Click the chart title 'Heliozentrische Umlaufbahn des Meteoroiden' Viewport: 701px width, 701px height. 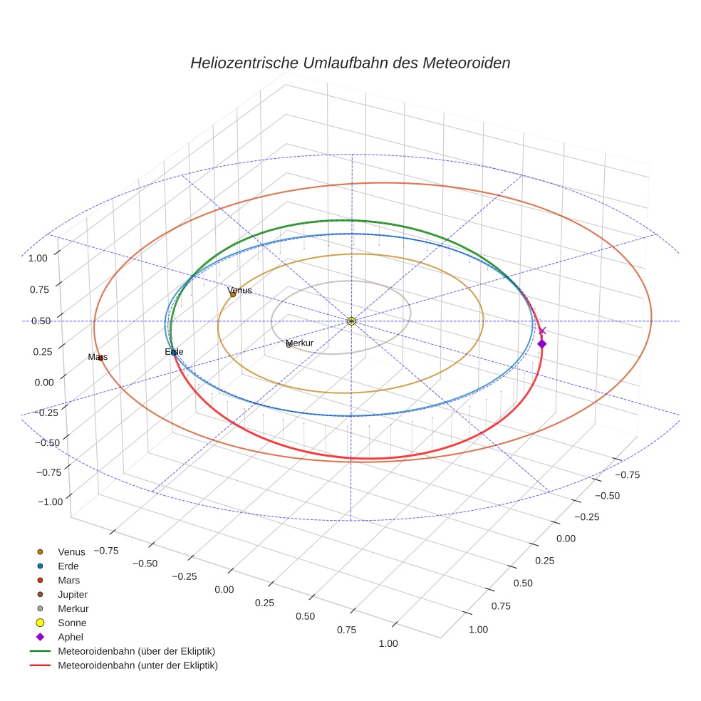(x=350, y=63)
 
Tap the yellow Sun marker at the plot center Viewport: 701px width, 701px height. (x=351, y=321)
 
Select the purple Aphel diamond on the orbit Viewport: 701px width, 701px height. (x=541, y=344)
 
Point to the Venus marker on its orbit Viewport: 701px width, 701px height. (x=233, y=294)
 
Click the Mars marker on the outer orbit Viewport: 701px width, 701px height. (x=100, y=357)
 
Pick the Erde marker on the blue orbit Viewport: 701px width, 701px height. (x=174, y=353)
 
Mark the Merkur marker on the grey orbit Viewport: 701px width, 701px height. (x=289, y=345)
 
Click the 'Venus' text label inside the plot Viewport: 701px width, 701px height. (x=239, y=290)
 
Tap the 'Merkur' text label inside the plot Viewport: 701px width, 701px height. (x=299, y=343)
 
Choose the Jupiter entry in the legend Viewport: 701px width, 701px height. (x=72, y=594)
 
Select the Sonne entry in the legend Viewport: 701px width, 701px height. (x=72, y=623)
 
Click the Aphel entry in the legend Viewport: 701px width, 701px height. (x=71, y=637)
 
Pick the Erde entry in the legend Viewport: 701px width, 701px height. (x=68, y=566)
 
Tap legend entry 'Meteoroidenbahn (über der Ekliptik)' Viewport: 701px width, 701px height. (x=136, y=651)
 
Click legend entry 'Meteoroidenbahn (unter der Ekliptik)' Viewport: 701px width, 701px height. (x=137, y=665)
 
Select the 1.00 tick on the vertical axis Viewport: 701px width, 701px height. (x=38, y=258)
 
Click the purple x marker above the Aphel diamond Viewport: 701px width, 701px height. (x=542, y=331)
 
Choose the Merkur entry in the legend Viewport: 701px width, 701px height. (x=73, y=608)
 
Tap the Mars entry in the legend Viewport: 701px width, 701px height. (x=68, y=580)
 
